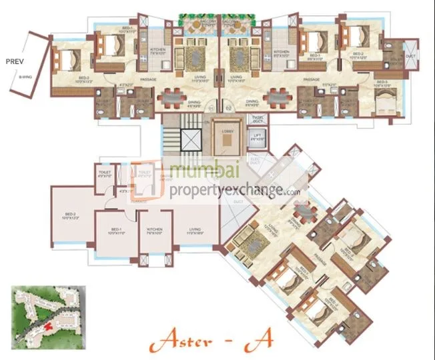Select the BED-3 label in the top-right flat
382,85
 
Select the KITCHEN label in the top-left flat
157,51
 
